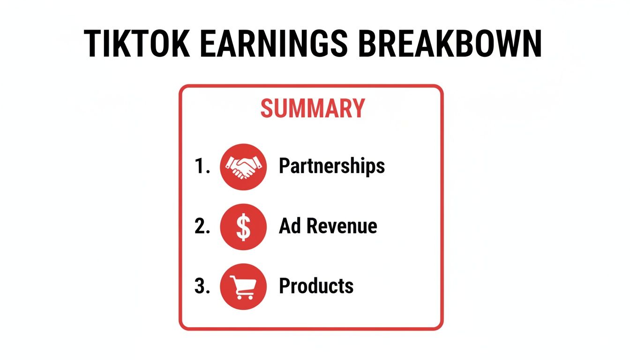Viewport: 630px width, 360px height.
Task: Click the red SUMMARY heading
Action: click(312, 108)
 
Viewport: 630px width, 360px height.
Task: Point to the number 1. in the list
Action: click(202, 167)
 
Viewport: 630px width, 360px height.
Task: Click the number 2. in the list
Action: click(202, 227)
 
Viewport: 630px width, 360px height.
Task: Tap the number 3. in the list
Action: click(202, 286)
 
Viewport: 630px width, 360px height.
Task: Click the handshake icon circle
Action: click(243, 167)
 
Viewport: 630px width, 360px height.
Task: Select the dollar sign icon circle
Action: click(243, 227)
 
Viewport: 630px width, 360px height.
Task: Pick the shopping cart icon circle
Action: click(243, 286)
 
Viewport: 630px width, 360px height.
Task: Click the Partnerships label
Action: click(332, 166)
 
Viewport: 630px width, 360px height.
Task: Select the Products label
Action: click(316, 286)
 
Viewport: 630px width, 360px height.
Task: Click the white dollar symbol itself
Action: click(243, 227)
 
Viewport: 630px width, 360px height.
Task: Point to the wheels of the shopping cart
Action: click(245, 297)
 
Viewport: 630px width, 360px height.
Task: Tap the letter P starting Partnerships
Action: click(284, 166)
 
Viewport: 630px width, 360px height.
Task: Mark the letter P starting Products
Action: click(284, 286)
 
